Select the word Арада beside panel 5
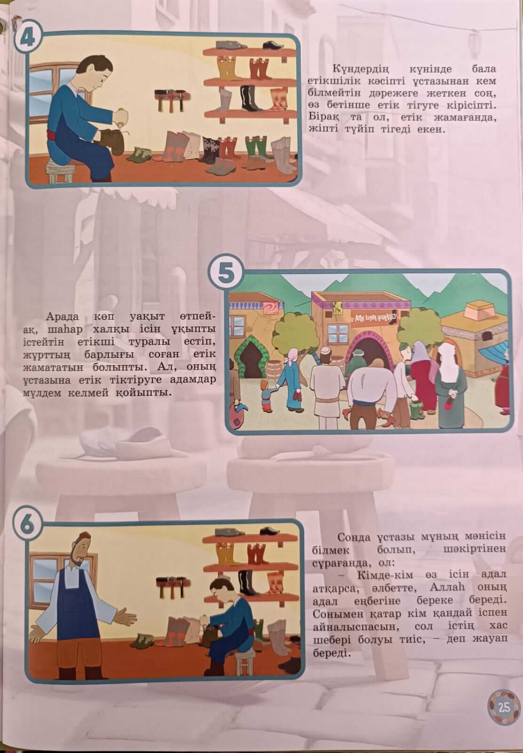(x=63, y=317)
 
